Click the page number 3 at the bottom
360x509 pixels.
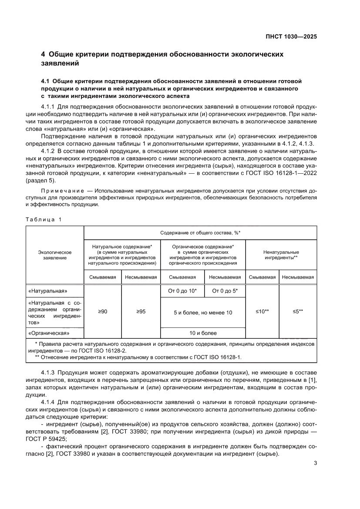pos(315,463)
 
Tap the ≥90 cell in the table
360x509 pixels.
pos(102,312)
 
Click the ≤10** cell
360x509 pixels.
pos(262,312)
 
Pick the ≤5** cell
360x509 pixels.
pos(298,312)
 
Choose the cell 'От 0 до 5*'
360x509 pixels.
pos(225,291)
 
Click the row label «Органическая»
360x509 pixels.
pos(49,333)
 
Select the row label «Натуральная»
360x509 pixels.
pos(48,291)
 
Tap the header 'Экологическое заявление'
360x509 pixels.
pos(55,255)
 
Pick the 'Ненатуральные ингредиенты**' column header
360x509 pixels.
pos(281,255)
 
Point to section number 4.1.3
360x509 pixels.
pos(48,373)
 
